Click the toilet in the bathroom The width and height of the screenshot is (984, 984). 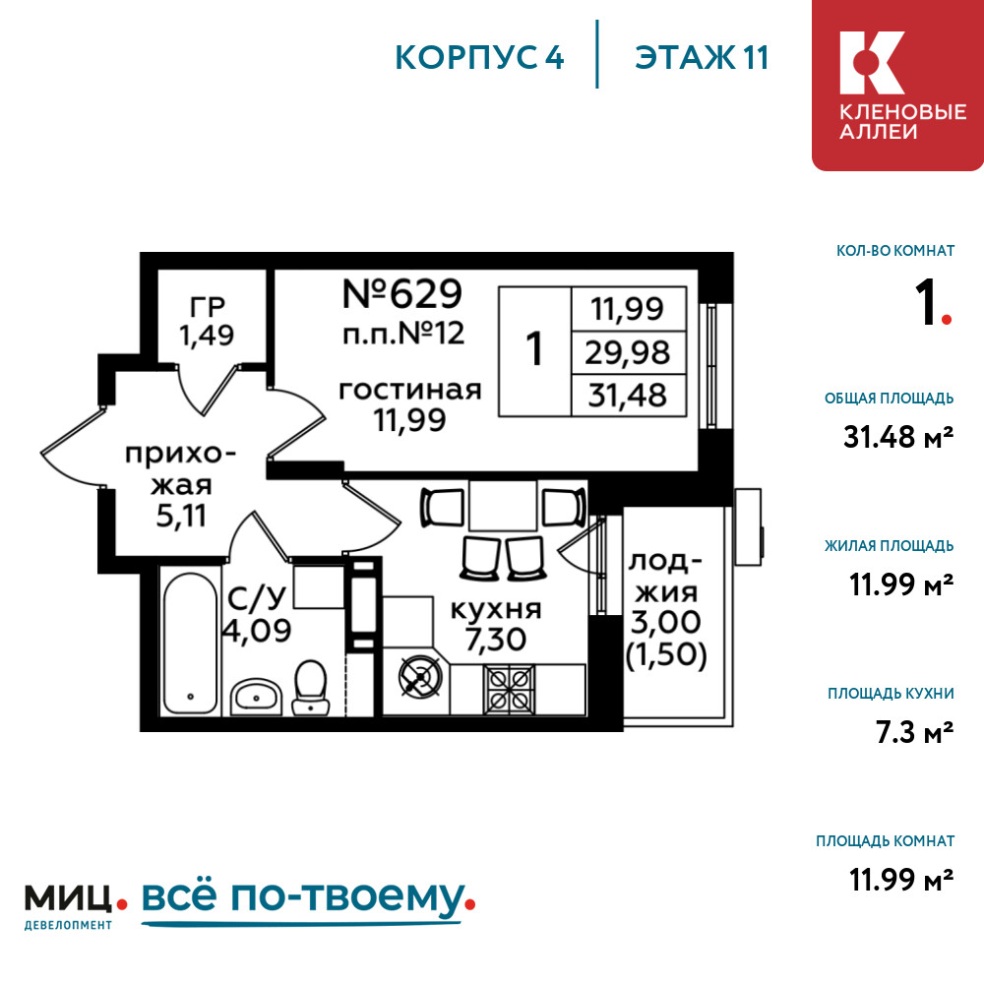point(311,687)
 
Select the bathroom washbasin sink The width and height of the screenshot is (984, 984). point(256,696)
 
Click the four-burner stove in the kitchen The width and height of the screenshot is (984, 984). point(509,689)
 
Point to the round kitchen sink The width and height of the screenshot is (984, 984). point(420,678)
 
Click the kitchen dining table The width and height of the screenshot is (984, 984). point(503,506)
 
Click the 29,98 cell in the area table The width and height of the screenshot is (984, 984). point(628,352)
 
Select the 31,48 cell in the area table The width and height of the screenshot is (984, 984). point(628,396)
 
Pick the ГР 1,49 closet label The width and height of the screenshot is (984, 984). point(207,322)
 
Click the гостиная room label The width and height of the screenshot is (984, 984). point(409,391)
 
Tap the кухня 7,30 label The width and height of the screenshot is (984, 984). point(496,624)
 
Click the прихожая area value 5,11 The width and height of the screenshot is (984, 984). point(181,516)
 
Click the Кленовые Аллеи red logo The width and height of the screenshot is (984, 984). point(897,86)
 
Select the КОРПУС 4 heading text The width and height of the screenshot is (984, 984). point(479,57)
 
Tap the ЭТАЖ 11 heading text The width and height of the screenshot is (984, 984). point(702,57)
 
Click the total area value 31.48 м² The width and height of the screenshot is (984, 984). point(898,437)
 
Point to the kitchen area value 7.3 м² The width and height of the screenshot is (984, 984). point(914,732)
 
